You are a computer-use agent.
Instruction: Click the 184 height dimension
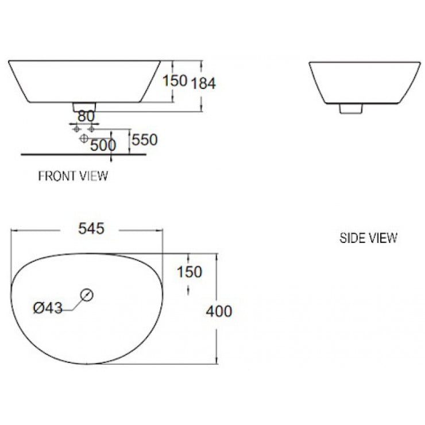tap(203, 83)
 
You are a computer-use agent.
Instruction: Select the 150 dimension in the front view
tap(175, 81)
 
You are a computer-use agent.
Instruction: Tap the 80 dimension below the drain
tap(86, 115)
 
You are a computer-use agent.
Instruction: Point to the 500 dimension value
tap(103, 145)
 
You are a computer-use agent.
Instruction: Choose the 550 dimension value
tap(145, 139)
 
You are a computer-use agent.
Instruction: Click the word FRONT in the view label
tap(53, 176)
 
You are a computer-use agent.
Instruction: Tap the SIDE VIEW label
tap(368, 238)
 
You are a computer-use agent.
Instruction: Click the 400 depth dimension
tap(219, 311)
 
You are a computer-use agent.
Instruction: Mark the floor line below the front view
tap(83, 154)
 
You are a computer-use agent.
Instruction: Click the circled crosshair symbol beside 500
tap(83, 139)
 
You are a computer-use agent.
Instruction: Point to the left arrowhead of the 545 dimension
tap(15, 230)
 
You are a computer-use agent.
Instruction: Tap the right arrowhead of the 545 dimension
tap(160, 230)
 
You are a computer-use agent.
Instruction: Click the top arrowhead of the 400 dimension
tap(217, 256)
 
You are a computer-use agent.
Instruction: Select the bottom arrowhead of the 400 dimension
tap(217, 361)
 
